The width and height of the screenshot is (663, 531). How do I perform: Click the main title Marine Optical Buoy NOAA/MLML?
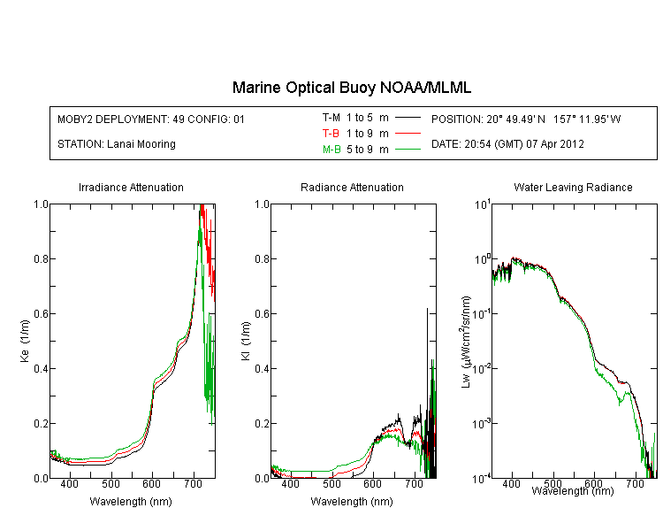coord(352,88)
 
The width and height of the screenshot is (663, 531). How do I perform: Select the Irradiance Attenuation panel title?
coord(131,188)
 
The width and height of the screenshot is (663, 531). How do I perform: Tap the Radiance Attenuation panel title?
coord(352,188)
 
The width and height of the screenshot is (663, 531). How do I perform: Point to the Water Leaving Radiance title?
coord(573,188)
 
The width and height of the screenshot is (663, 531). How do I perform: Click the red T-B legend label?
coord(331,133)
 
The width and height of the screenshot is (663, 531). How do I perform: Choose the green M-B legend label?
coord(331,149)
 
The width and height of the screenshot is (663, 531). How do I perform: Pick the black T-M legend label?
coord(331,117)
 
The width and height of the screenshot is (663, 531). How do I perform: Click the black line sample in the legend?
coord(407,117)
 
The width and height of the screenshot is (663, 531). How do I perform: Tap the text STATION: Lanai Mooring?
coord(116,143)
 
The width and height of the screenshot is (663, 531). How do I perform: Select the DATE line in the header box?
coord(507,143)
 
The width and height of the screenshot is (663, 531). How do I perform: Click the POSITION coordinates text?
coord(526,119)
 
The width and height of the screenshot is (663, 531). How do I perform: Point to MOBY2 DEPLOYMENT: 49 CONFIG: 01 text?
coord(151,119)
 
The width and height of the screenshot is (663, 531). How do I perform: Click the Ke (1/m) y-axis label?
coord(24,341)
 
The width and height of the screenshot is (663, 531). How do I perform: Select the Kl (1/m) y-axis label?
coord(245,341)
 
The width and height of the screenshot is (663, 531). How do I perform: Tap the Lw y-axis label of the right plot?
coord(466,341)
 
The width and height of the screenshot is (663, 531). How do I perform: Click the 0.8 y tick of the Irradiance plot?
coord(38,259)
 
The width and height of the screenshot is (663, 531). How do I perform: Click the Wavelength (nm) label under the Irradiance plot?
coord(131,502)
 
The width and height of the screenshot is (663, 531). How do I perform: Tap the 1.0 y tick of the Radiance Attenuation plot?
coord(259,204)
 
